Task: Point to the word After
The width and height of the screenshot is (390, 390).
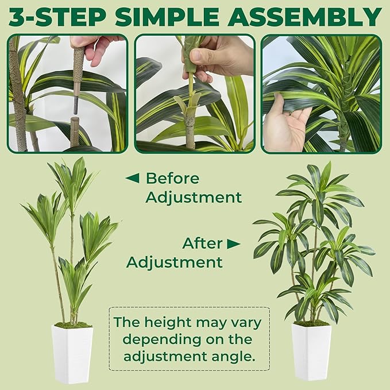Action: tap(202, 243)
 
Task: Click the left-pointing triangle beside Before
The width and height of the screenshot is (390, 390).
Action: tap(132, 178)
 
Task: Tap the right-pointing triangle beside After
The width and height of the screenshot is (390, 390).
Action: tap(233, 244)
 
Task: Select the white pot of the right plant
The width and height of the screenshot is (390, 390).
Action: tap(311, 351)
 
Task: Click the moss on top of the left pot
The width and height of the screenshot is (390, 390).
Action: tap(72, 326)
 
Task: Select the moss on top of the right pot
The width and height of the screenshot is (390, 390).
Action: tap(312, 323)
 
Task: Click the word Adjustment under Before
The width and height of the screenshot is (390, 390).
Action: tap(193, 198)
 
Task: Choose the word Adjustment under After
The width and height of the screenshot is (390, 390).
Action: tap(174, 262)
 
